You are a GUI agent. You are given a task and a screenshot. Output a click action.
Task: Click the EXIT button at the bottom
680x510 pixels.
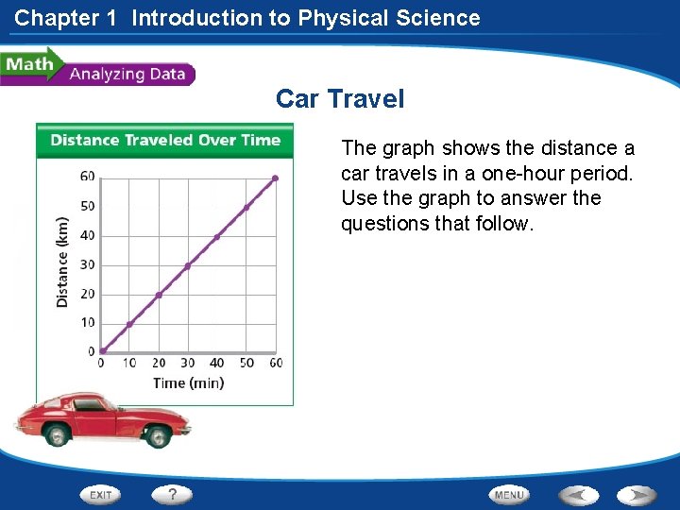tap(101, 494)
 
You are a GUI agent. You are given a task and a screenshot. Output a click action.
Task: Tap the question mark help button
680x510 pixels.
tap(173, 494)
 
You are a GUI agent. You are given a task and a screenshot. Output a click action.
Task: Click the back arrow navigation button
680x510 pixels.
tap(578, 494)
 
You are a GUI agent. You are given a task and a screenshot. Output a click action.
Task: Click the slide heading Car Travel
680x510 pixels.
tap(339, 98)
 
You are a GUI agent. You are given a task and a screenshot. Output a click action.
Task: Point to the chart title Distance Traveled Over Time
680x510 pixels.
tap(165, 141)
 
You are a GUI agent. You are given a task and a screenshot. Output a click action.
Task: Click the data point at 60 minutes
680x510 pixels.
tap(275, 178)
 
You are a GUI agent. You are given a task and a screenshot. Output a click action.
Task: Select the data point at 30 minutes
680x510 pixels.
tap(188, 265)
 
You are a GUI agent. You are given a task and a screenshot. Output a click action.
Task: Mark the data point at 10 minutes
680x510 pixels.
tap(130, 324)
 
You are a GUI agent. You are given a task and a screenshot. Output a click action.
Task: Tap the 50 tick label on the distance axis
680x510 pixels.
tap(88, 206)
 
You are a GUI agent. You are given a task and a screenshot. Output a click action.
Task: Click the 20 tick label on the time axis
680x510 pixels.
tap(159, 363)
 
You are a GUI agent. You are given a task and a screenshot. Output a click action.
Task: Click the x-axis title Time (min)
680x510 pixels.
tap(188, 382)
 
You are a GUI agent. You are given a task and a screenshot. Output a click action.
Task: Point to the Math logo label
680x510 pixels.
tap(28, 64)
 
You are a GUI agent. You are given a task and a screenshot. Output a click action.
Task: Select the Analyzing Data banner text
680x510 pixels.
tap(127, 74)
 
